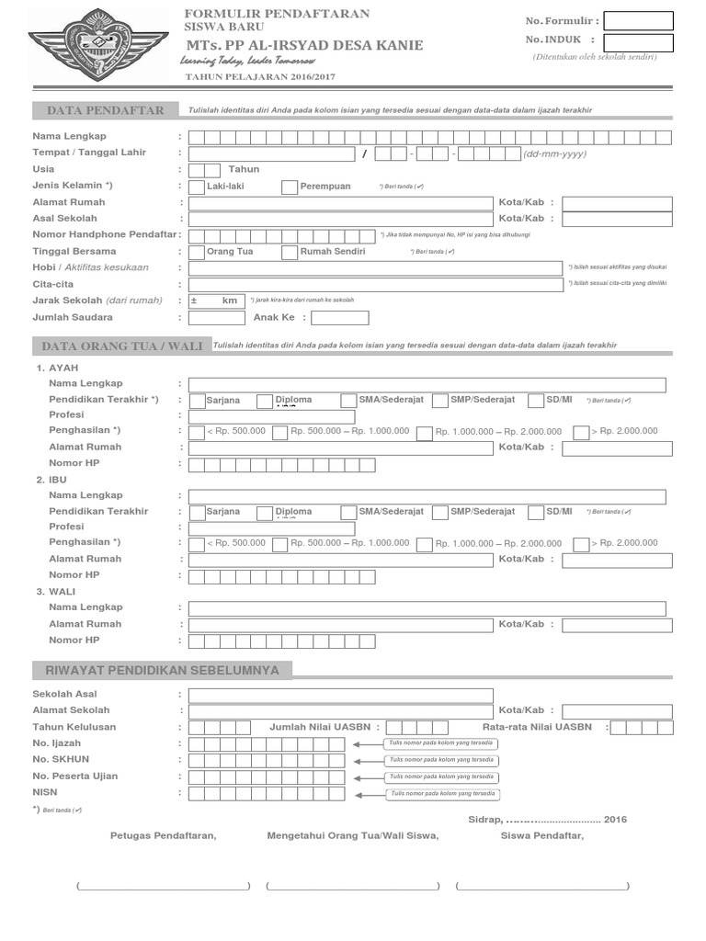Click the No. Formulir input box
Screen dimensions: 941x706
(x=638, y=20)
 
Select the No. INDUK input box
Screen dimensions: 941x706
(x=638, y=42)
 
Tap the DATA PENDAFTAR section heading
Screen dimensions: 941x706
(x=106, y=110)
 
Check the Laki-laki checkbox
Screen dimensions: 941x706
(x=196, y=187)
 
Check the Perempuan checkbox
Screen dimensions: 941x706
(x=290, y=187)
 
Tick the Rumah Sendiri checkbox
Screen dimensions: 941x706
(x=290, y=252)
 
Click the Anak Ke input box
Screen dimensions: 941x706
(x=339, y=318)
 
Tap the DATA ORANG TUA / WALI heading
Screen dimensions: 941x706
(x=120, y=346)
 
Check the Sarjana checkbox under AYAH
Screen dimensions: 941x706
(x=197, y=401)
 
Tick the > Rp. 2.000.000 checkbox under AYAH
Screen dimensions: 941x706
(x=581, y=432)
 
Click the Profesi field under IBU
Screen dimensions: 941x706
(x=271, y=528)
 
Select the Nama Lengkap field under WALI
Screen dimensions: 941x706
(x=427, y=607)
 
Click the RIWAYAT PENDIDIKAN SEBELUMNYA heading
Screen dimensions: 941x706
(x=162, y=670)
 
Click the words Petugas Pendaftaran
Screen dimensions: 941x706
(x=163, y=835)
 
